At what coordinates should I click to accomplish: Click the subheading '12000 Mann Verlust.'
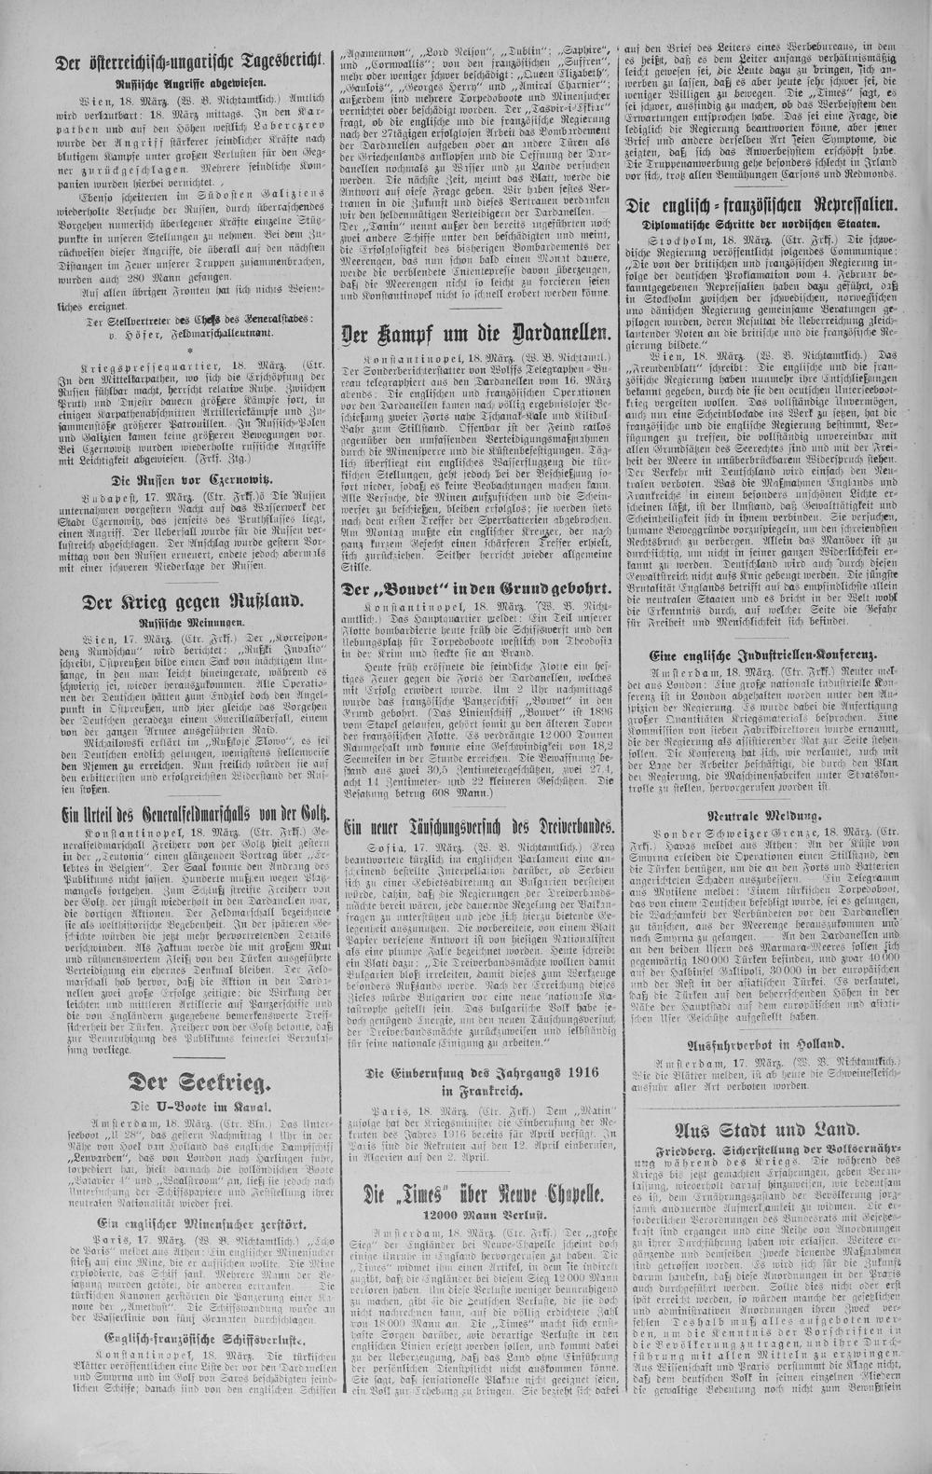pyautogui.click(x=475, y=1217)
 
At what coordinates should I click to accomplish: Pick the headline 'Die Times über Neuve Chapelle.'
pyautogui.click(x=475, y=1194)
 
